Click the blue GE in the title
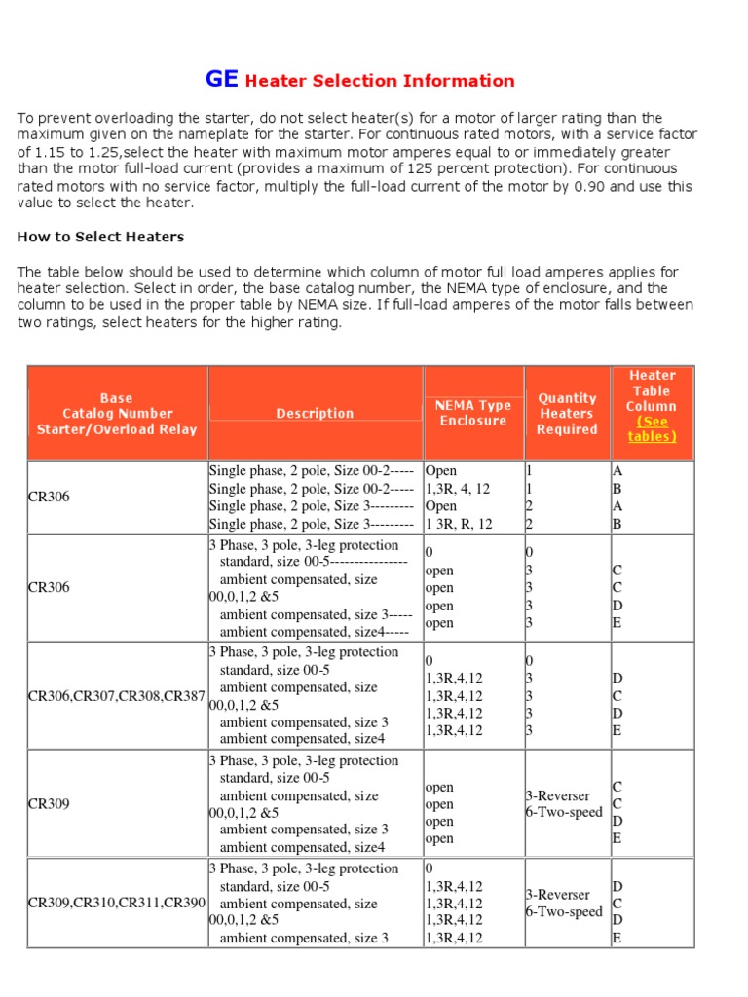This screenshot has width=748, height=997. (221, 80)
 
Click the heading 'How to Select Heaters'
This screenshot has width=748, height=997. (100, 237)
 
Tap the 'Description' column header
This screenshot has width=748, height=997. (315, 413)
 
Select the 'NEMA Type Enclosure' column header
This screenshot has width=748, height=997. (473, 413)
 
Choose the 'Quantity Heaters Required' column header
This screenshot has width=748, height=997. (567, 413)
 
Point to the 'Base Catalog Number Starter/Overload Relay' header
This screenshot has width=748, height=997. (117, 413)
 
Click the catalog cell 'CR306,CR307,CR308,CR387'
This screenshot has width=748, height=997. (117, 695)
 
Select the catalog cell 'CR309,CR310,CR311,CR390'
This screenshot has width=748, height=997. (117, 904)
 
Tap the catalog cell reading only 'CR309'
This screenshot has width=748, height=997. (49, 804)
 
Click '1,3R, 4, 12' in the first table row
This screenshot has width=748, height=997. (458, 489)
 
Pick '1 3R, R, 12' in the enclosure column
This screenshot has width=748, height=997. (459, 524)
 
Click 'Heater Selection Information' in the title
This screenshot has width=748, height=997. (379, 81)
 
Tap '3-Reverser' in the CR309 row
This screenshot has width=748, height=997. (558, 795)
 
